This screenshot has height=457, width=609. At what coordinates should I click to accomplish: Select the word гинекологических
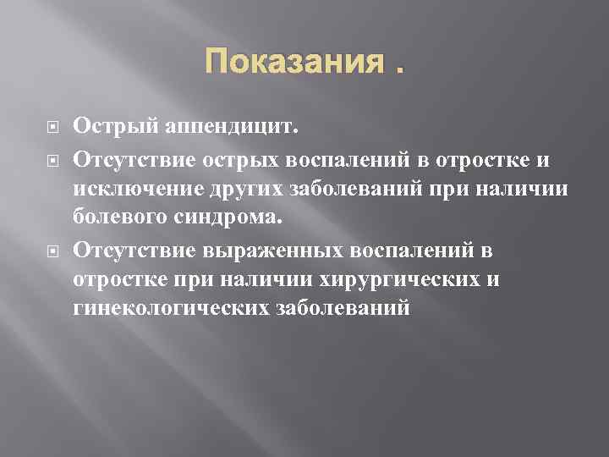coord(169,311)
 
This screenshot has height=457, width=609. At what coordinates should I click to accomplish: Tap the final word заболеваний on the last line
coord(343,311)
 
